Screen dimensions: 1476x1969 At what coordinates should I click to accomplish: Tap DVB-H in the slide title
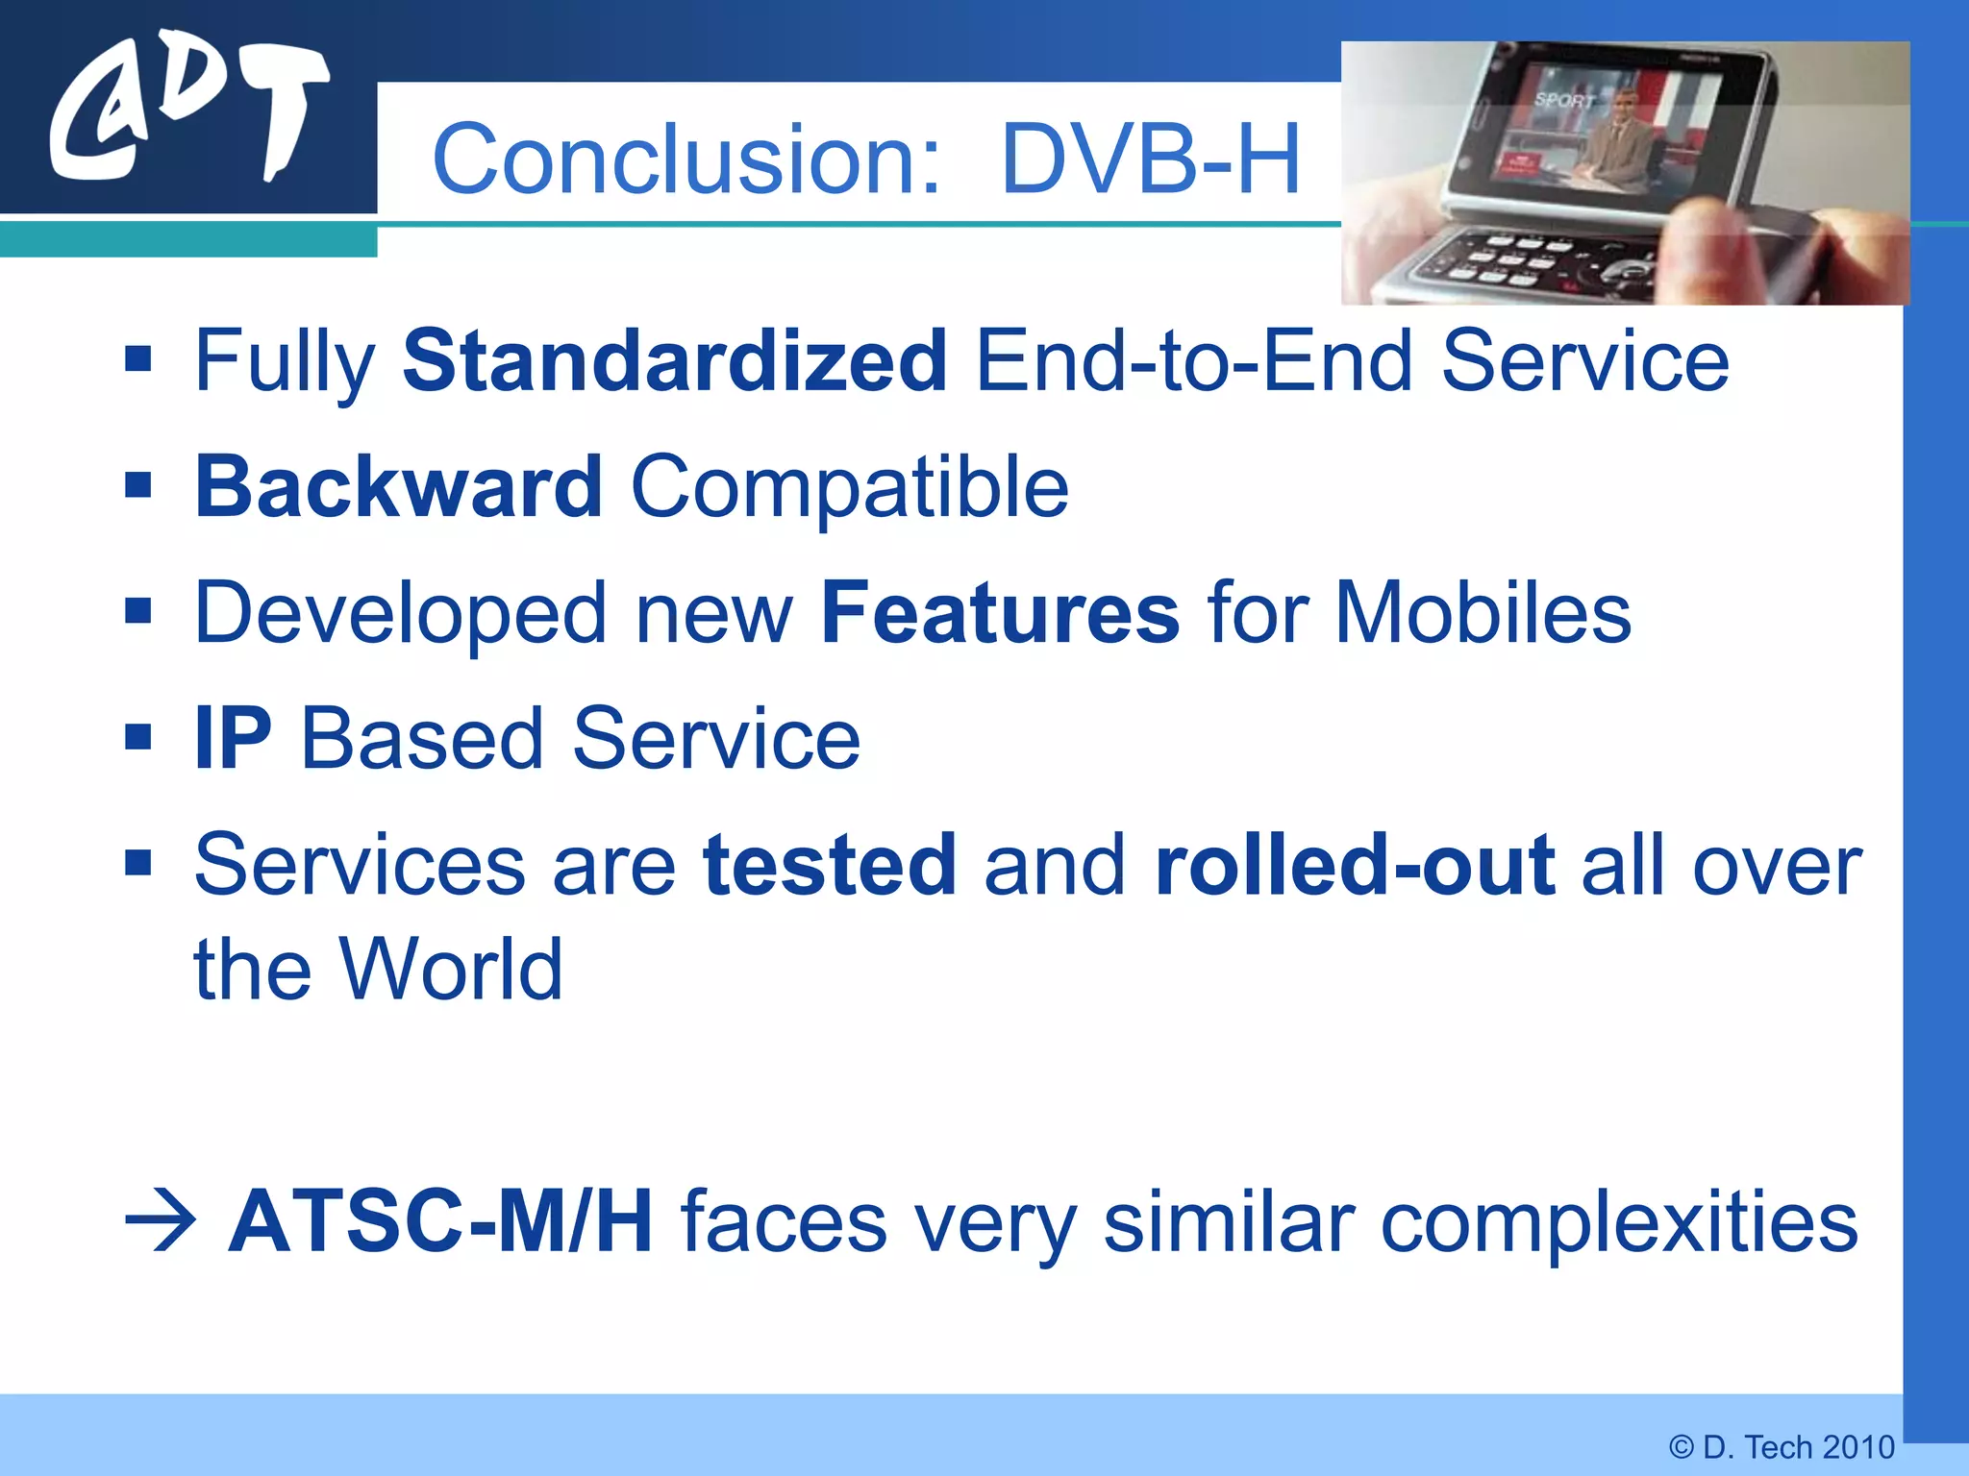pyautogui.click(x=1150, y=160)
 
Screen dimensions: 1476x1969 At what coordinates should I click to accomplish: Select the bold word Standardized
pyautogui.click(x=675, y=361)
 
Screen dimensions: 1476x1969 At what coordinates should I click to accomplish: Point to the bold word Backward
pyautogui.click(x=399, y=487)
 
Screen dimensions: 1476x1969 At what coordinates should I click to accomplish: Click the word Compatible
pyautogui.click(x=849, y=487)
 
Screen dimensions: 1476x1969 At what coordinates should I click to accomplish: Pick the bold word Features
pyautogui.click(x=1000, y=613)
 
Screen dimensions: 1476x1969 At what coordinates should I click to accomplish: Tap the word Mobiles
pyautogui.click(x=1483, y=613)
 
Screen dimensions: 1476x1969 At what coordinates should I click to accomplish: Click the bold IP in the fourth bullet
pyautogui.click(x=233, y=739)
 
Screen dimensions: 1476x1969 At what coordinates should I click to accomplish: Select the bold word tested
pyautogui.click(x=830, y=865)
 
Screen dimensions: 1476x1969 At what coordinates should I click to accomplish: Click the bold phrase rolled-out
pyautogui.click(x=1354, y=865)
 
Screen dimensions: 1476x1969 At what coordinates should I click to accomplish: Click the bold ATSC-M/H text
pyautogui.click(x=440, y=1222)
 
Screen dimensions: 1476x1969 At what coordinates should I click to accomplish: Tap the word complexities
pyautogui.click(x=1619, y=1222)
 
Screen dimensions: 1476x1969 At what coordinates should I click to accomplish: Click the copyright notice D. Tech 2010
pyautogui.click(x=1782, y=1447)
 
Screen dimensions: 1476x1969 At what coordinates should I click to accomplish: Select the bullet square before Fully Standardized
pyautogui.click(x=138, y=360)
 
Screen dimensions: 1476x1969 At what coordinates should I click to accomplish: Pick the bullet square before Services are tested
pyautogui.click(x=138, y=864)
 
